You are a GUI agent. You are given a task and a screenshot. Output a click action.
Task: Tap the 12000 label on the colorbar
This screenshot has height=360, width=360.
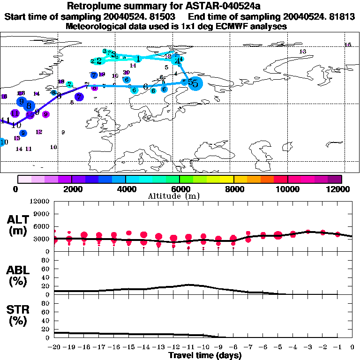point(338,189)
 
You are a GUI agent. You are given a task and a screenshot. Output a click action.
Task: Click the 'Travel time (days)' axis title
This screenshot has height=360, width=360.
point(205,355)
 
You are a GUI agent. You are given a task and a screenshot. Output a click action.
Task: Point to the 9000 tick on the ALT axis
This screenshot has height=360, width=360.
point(43,214)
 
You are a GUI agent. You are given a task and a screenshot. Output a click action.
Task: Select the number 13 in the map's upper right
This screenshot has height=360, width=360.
point(302,51)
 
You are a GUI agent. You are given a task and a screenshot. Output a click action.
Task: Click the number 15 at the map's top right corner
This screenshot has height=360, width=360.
point(347,45)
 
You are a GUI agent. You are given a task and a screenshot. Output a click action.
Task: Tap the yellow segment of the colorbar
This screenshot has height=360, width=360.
point(227,179)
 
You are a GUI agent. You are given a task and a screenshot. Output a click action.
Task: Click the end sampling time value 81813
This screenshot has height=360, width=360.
point(342,16)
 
